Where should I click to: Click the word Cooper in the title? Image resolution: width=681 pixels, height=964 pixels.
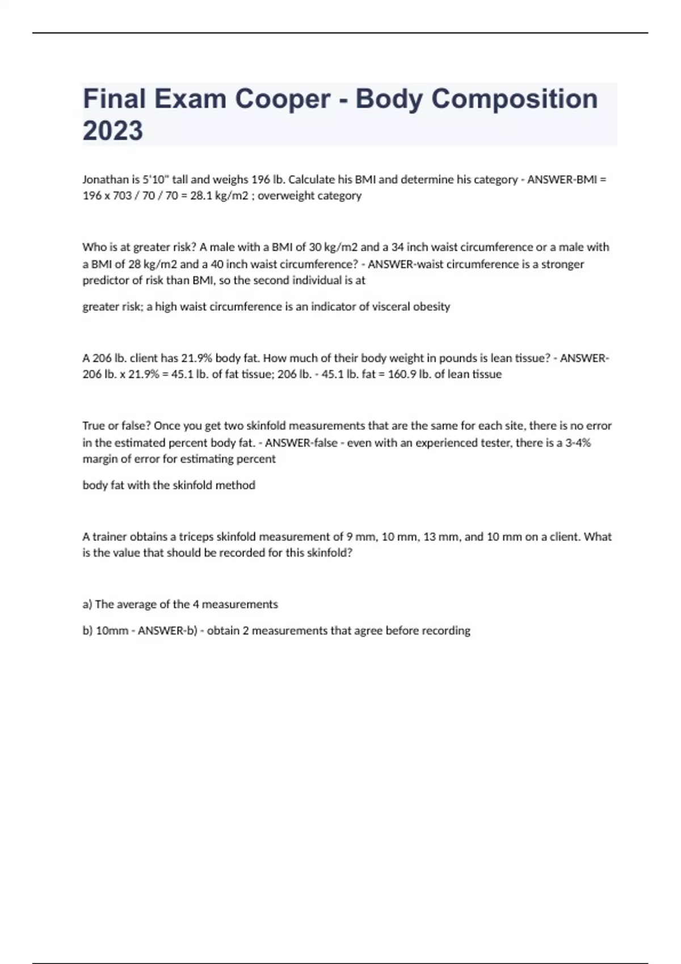282,99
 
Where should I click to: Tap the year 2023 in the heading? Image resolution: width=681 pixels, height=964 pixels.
113,130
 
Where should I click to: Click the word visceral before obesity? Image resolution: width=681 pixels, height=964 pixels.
392,307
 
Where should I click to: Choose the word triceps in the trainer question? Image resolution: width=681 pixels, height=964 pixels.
196,536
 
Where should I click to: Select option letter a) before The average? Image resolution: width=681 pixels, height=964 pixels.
87,604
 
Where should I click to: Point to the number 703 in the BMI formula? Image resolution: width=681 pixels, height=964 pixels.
123,196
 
